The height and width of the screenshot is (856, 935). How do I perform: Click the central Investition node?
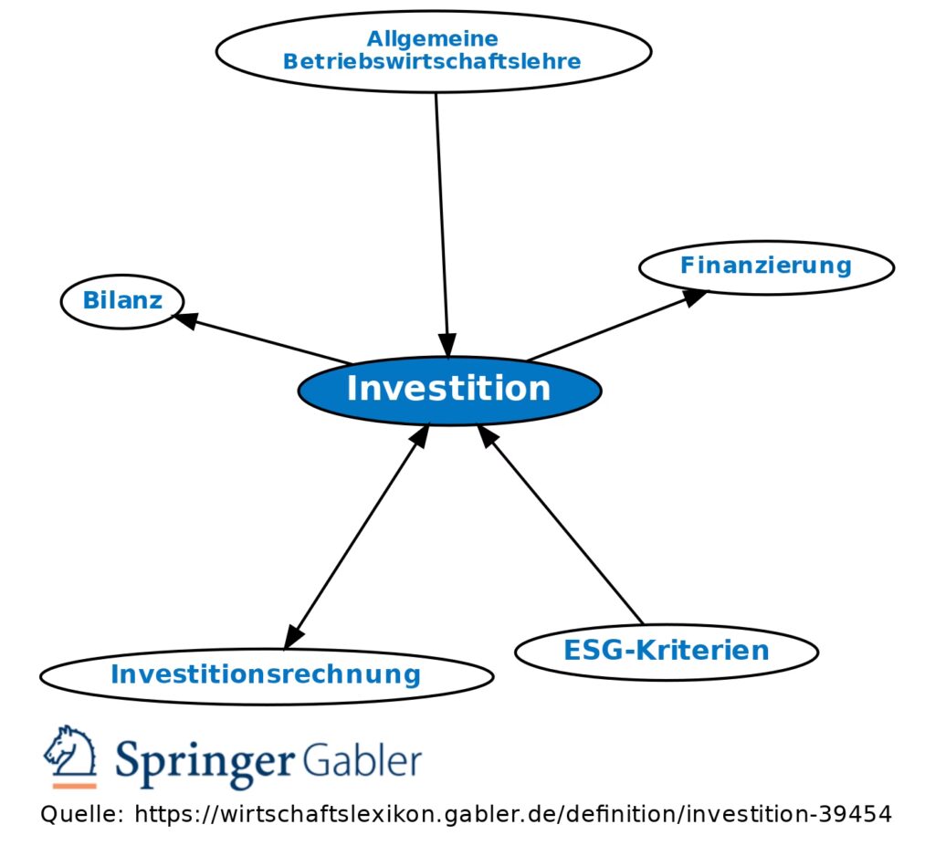(449, 390)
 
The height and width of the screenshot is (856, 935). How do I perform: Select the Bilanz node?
(122, 300)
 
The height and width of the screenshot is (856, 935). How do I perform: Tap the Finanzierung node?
(765, 266)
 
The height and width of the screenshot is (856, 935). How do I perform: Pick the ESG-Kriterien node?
(666, 652)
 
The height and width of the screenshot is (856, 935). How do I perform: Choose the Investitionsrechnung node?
(266, 675)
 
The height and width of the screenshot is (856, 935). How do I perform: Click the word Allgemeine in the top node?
(432, 39)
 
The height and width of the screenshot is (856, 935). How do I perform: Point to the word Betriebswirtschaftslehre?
(432, 62)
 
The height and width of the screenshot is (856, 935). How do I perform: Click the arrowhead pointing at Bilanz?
(185, 319)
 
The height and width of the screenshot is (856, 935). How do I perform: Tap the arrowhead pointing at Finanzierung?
(696, 296)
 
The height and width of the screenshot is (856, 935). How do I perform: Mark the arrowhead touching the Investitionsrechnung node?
(293, 636)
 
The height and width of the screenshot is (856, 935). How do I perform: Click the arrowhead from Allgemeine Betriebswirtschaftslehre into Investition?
(447, 347)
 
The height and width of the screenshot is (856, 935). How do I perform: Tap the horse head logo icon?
(70, 751)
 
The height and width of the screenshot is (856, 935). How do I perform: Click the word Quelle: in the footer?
(81, 814)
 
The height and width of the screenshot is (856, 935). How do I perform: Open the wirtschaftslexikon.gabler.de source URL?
(512, 814)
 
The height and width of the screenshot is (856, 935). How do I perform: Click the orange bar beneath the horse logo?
(74, 785)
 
